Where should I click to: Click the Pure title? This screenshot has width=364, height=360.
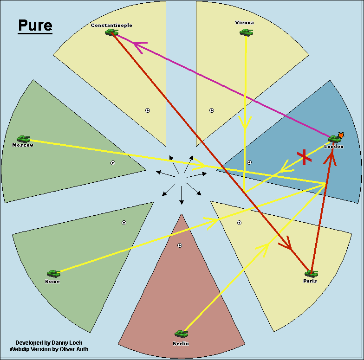coord(35,26)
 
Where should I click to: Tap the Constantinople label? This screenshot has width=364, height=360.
coord(111,25)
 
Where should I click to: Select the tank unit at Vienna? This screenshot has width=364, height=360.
coord(246,32)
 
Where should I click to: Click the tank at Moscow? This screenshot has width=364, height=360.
coord(23,139)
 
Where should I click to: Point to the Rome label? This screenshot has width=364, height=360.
coord(52,282)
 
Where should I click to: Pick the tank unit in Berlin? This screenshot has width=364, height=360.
coord(181,334)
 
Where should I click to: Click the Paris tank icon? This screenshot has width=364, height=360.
coord(311,273)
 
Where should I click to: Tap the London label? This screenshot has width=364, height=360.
coord(334,147)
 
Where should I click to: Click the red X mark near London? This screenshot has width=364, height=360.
coord(304,157)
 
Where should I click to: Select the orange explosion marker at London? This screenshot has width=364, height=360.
coord(341,135)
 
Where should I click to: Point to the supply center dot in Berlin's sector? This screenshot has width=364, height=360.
coord(180,245)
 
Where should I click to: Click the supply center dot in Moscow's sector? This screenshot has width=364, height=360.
coord(113,163)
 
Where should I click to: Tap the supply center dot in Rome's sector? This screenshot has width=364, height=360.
coord(124,223)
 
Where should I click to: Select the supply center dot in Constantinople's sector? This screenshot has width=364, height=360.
coord(148,110)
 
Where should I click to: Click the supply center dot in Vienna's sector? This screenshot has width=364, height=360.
coord(212,110)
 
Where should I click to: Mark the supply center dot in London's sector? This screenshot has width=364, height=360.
coord(249,162)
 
